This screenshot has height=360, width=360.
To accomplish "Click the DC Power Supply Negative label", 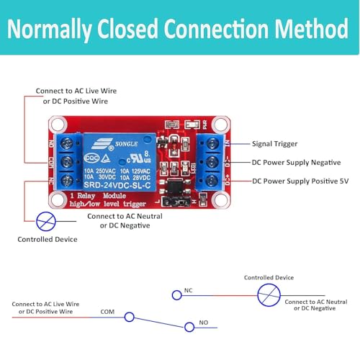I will click(297, 162).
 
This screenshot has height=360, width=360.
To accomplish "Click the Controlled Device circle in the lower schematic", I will click(268, 294).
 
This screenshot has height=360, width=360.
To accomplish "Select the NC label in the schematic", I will click(188, 290).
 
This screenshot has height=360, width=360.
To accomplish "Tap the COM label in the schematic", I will click(107, 312).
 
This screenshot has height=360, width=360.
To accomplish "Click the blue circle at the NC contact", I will click(176, 294).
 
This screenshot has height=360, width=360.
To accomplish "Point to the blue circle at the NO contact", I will click(189, 326).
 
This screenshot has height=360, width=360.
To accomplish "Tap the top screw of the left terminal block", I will click(69, 143).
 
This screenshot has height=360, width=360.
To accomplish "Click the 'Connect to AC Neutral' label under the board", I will click(125, 216).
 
